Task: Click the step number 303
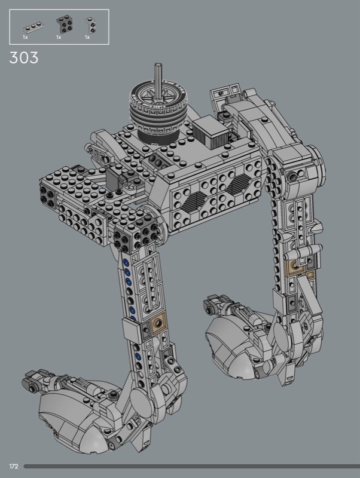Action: pyautogui.click(x=24, y=57)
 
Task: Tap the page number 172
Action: pyautogui.click(x=14, y=466)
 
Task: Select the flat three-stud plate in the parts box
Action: pyautogui.click(x=33, y=27)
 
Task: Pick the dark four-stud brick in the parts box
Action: pyautogui.click(x=65, y=24)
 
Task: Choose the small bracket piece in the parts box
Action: pyautogui.click(x=90, y=25)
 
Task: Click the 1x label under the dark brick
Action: pyautogui.click(x=59, y=37)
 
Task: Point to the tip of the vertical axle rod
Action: pyautogui.click(x=158, y=65)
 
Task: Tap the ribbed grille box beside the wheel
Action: pyautogui.click(x=211, y=133)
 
